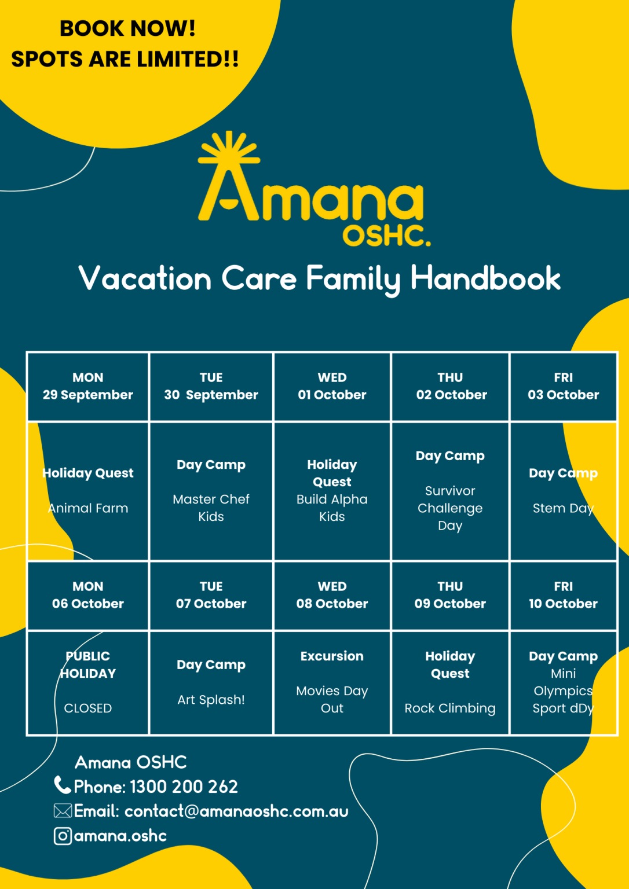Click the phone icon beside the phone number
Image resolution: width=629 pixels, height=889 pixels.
(62, 785)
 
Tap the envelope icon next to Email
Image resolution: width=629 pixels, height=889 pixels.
(63, 811)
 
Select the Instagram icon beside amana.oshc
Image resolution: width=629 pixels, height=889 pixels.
(63, 836)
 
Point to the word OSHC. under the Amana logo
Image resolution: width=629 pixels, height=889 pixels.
(386, 236)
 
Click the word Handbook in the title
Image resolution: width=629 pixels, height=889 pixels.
(485, 278)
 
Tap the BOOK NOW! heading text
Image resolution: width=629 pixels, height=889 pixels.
(127, 28)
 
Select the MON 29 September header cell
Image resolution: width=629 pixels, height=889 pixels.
(88, 387)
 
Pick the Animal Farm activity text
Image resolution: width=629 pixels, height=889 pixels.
(88, 508)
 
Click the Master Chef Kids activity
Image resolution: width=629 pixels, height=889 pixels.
(211, 508)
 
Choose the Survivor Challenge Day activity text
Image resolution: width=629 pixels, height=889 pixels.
(450, 508)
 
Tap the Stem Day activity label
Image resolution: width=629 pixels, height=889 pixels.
(563, 508)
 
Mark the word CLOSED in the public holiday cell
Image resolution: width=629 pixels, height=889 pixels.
(88, 708)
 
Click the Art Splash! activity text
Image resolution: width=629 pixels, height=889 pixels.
(211, 700)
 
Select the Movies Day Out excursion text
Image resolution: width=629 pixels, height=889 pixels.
(332, 699)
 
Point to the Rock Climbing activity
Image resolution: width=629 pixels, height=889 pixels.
(450, 708)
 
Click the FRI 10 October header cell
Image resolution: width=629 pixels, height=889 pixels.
(563, 596)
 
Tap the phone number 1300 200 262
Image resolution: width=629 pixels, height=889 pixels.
(184, 787)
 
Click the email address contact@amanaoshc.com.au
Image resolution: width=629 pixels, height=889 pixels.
(236, 811)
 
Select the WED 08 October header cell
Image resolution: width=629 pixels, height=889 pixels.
(332, 596)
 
